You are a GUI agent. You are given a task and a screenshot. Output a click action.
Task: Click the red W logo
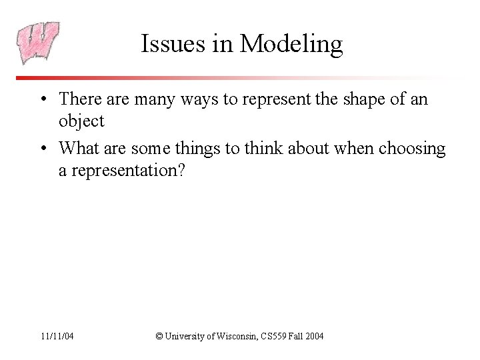(38, 43)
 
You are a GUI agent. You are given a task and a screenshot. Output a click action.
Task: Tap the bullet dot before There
(42, 100)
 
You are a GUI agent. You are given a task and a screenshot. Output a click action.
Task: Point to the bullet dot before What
(42, 149)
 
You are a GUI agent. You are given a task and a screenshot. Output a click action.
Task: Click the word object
(81, 121)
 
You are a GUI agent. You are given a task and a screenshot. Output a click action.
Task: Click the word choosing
(411, 148)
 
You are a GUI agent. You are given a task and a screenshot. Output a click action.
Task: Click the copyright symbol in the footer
(159, 336)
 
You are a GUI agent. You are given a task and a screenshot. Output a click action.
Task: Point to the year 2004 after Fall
(313, 336)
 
